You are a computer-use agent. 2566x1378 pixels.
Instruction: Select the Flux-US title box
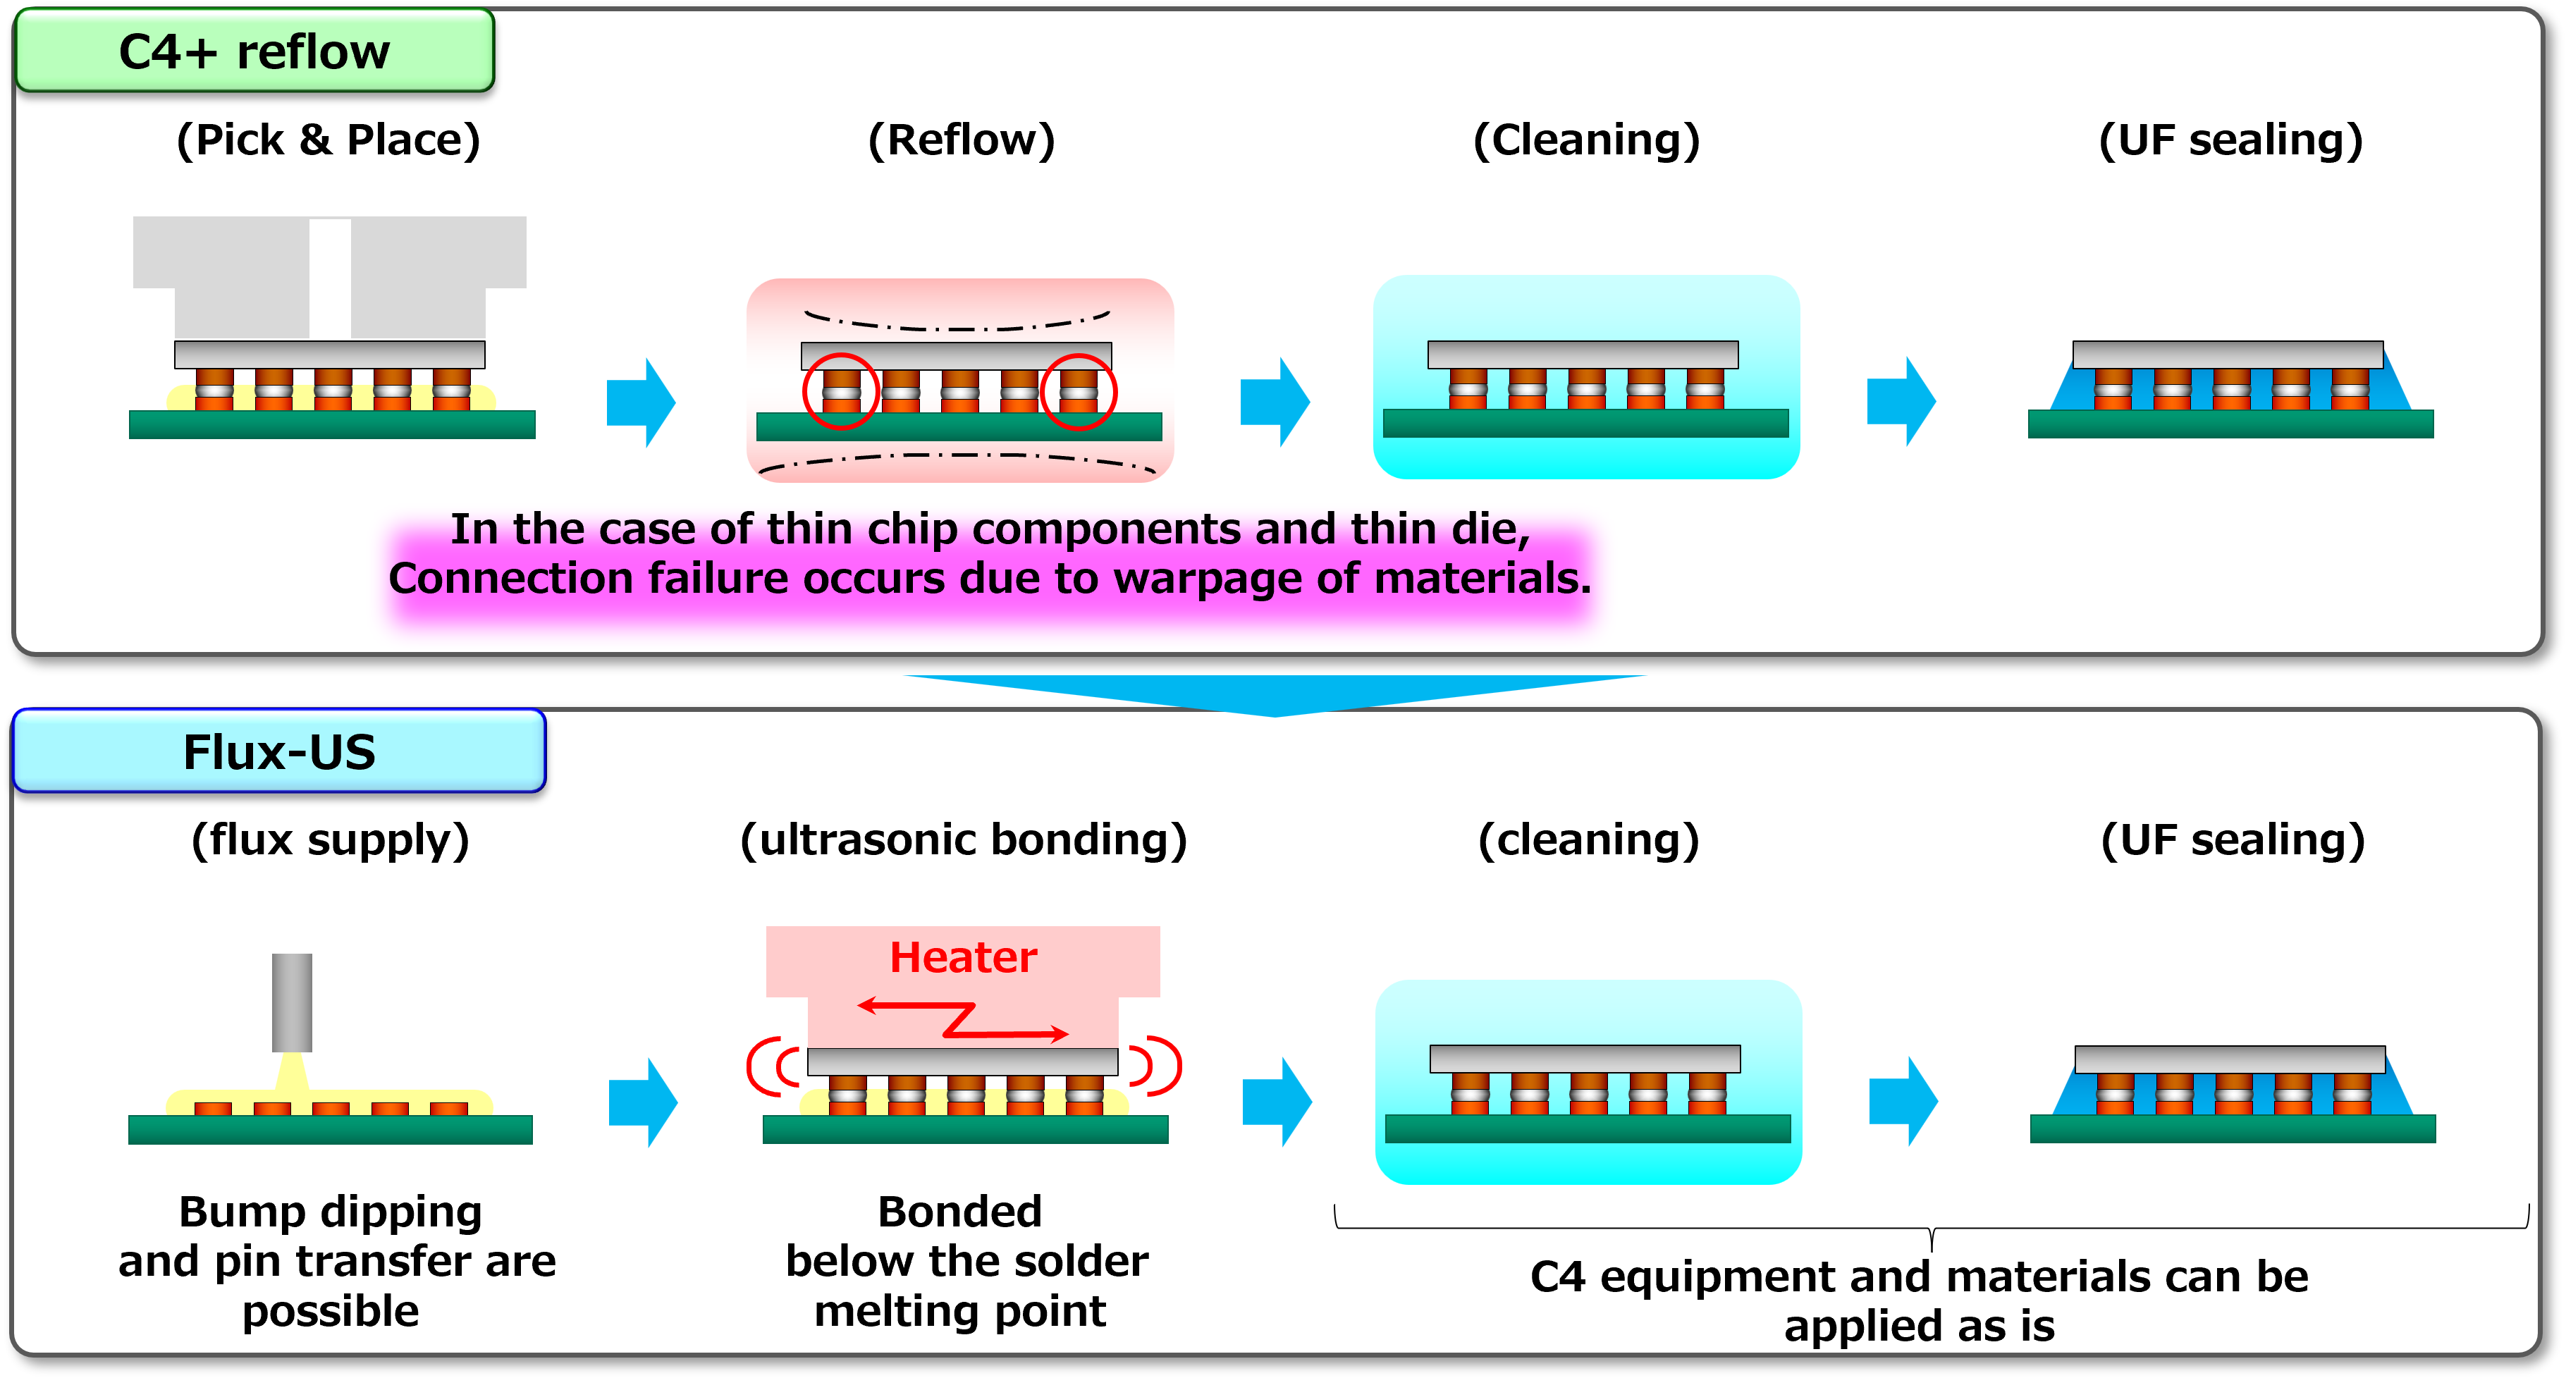tap(279, 751)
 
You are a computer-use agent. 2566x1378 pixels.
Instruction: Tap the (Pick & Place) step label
tap(329, 140)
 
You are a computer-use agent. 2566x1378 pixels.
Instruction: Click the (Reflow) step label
tap(962, 140)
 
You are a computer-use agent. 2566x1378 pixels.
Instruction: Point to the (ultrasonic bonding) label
tap(963, 839)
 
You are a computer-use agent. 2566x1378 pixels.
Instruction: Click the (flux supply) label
tap(330, 839)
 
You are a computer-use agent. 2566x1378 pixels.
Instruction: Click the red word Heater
tap(963, 956)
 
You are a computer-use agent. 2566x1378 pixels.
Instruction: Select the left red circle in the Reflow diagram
tap(841, 391)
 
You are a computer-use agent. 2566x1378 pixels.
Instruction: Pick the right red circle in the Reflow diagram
tap(1079, 391)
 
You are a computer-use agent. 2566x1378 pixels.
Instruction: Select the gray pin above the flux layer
tap(292, 1002)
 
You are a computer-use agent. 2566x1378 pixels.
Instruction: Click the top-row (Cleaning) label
tap(1587, 140)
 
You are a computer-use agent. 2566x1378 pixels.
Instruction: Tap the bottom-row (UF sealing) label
tap(2233, 839)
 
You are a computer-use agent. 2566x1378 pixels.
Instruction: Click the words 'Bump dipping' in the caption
tap(331, 1212)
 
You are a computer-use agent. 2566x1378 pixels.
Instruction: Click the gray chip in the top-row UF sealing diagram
tap(2228, 355)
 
